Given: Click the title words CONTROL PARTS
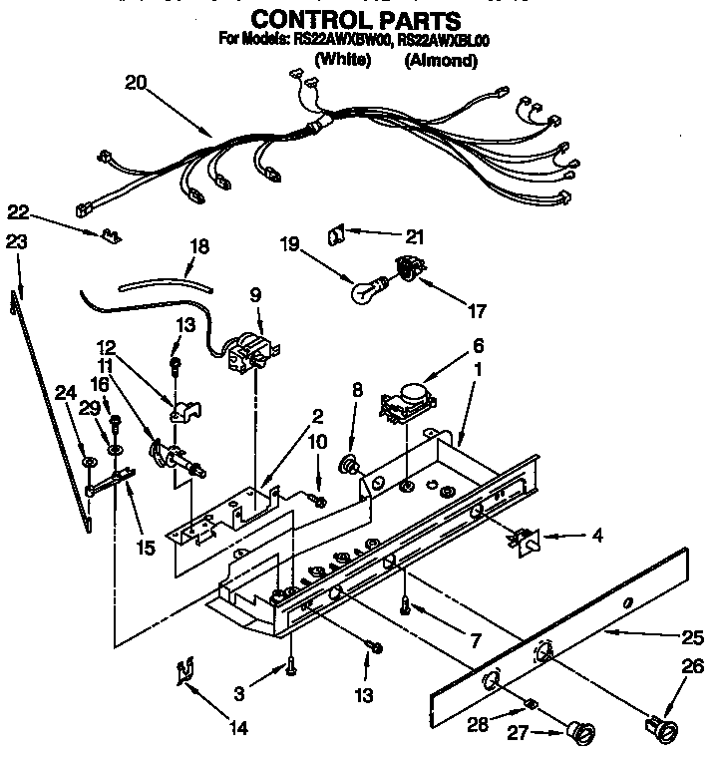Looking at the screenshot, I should coord(355,20).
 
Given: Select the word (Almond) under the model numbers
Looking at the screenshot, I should coord(441,61).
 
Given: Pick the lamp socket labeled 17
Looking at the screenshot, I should coord(407,267).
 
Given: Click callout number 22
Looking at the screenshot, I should coord(17,210).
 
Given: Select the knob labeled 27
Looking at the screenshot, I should coord(577,735).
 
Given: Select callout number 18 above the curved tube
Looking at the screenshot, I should coord(198,245).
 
